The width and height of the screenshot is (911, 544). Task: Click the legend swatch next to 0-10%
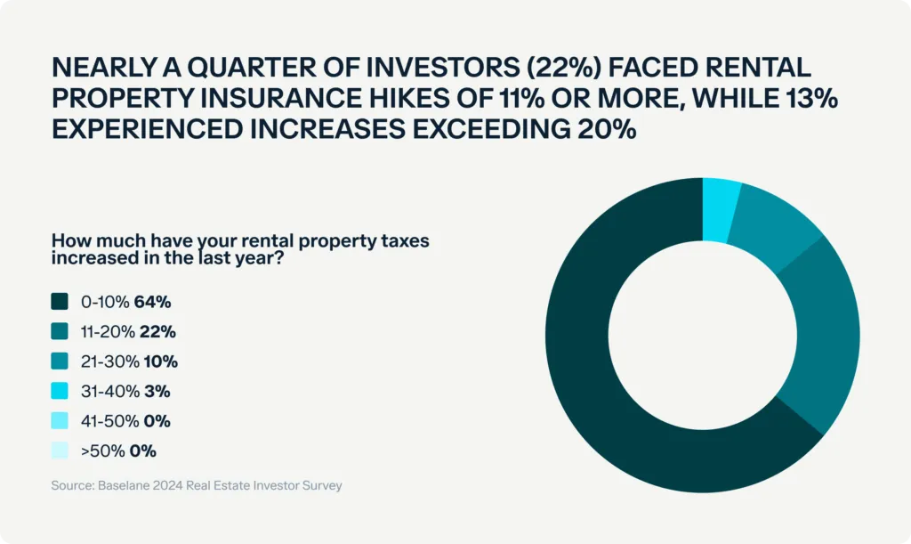tap(60, 302)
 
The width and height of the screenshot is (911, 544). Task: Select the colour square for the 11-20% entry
tap(60, 332)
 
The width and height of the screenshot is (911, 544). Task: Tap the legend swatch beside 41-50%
tap(60, 421)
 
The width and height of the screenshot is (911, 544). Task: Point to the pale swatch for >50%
tap(60, 451)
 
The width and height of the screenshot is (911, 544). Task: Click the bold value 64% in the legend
tap(152, 302)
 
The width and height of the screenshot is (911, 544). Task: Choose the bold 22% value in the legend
tap(158, 332)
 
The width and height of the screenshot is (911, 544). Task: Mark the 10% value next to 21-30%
tap(160, 361)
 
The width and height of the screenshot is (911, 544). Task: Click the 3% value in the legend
tap(157, 391)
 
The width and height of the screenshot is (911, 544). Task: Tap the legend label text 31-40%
tap(109, 391)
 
